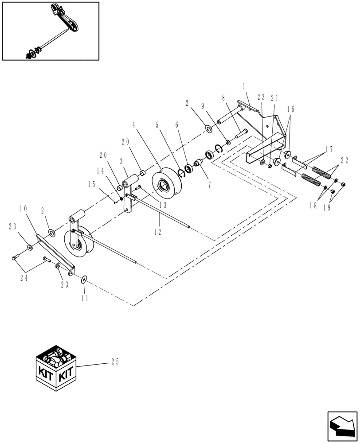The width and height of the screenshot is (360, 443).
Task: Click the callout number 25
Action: (x=114, y=362)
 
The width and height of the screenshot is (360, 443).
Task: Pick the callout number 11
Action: (x=84, y=299)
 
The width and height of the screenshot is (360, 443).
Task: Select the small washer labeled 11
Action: (x=84, y=280)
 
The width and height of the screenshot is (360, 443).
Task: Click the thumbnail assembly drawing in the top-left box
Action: (x=50, y=31)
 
